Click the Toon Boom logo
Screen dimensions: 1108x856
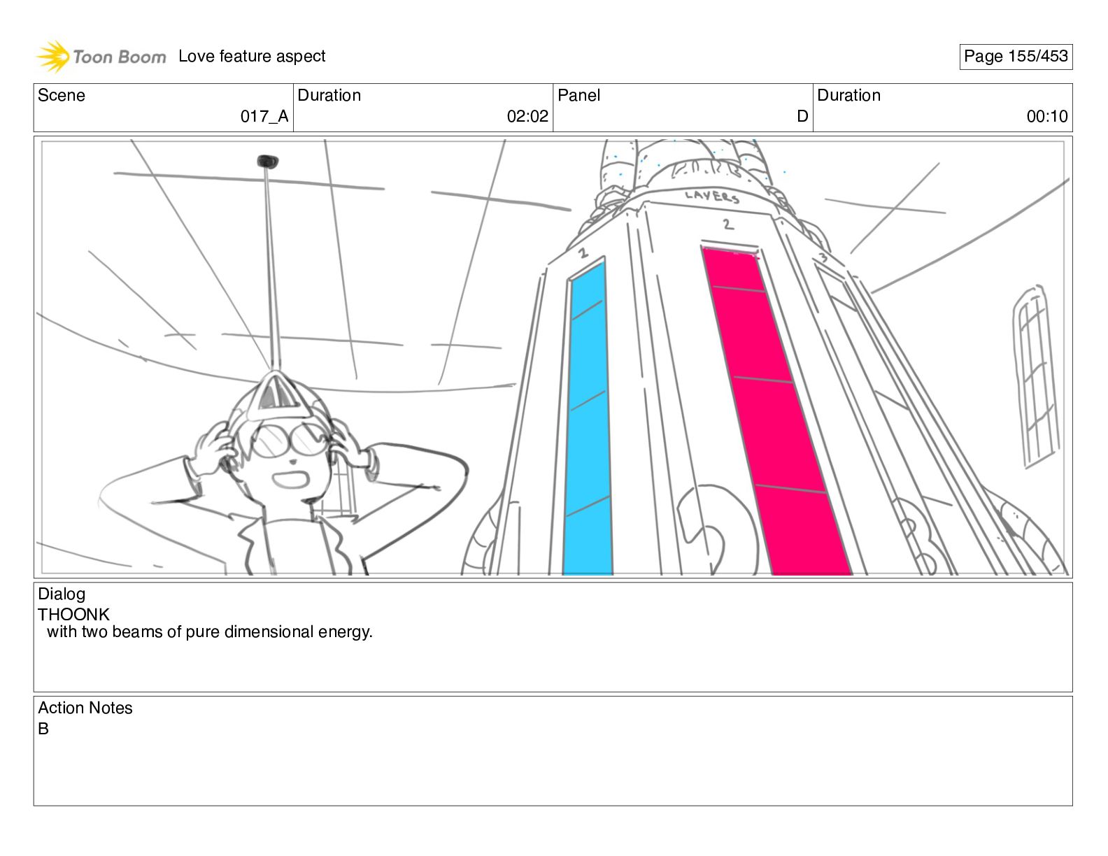[x=101, y=57]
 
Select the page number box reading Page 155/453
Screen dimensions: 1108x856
[x=1015, y=57]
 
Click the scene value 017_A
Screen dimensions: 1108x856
[x=264, y=117]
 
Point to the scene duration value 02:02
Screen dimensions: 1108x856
[x=527, y=117]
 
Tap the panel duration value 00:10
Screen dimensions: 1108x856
[x=1046, y=117]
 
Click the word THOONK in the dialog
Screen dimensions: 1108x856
[x=73, y=615]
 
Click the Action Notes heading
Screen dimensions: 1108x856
[x=85, y=708]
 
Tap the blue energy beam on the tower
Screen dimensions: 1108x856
[x=588, y=420]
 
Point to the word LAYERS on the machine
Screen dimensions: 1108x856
[x=712, y=197]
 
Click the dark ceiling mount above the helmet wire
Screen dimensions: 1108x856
[x=267, y=162]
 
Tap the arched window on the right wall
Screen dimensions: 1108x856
[x=1035, y=378]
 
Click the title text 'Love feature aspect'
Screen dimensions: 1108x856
[x=252, y=57]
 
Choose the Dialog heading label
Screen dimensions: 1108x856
[x=62, y=594]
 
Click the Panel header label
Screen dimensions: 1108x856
[x=578, y=95]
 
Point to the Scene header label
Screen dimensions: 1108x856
[x=62, y=95]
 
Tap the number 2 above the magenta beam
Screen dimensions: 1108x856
[x=728, y=224]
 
